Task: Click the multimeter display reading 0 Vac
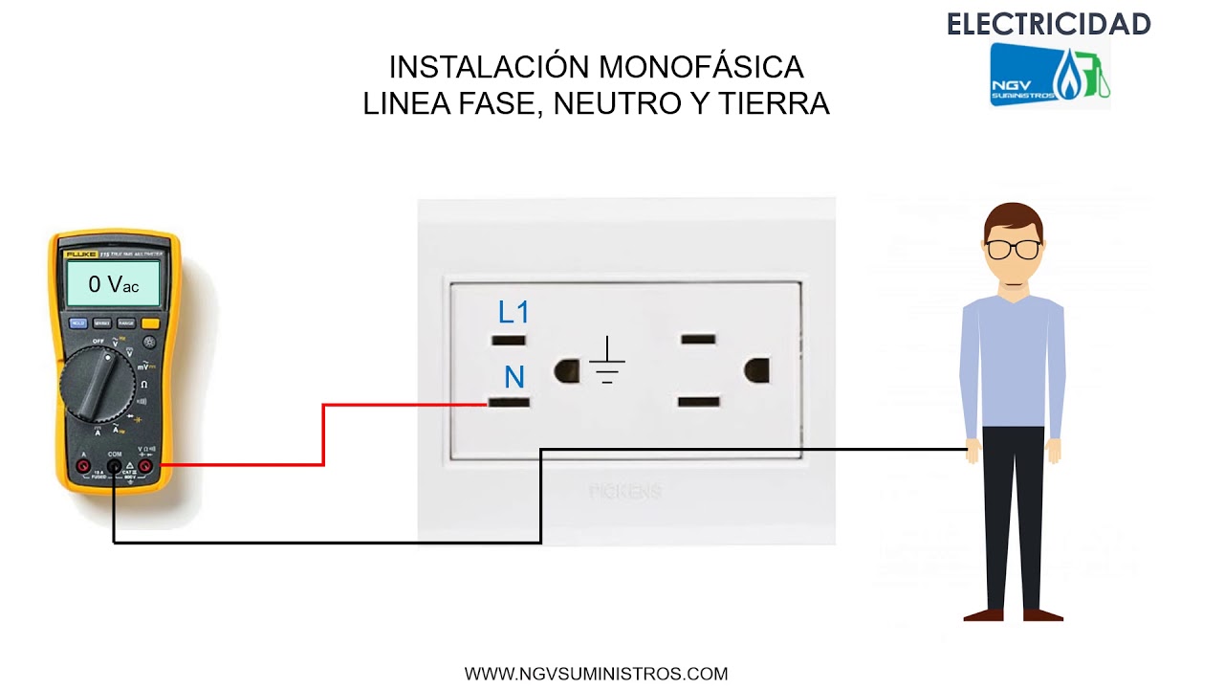(x=113, y=283)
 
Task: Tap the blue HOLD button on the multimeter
(x=78, y=323)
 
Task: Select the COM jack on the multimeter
(x=115, y=467)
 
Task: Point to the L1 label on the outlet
(x=514, y=312)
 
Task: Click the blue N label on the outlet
(x=514, y=377)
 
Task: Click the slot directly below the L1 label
(x=508, y=340)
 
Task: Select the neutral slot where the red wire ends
(x=509, y=403)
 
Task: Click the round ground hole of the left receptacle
(x=566, y=370)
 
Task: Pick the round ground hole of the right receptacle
(x=756, y=369)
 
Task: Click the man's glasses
(x=1013, y=250)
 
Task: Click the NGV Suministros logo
(x=1049, y=75)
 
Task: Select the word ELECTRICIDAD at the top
(x=1048, y=25)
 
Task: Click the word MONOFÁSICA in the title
(x=701, y=68)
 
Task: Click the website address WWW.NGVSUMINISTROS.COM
(x=597, y=674)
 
